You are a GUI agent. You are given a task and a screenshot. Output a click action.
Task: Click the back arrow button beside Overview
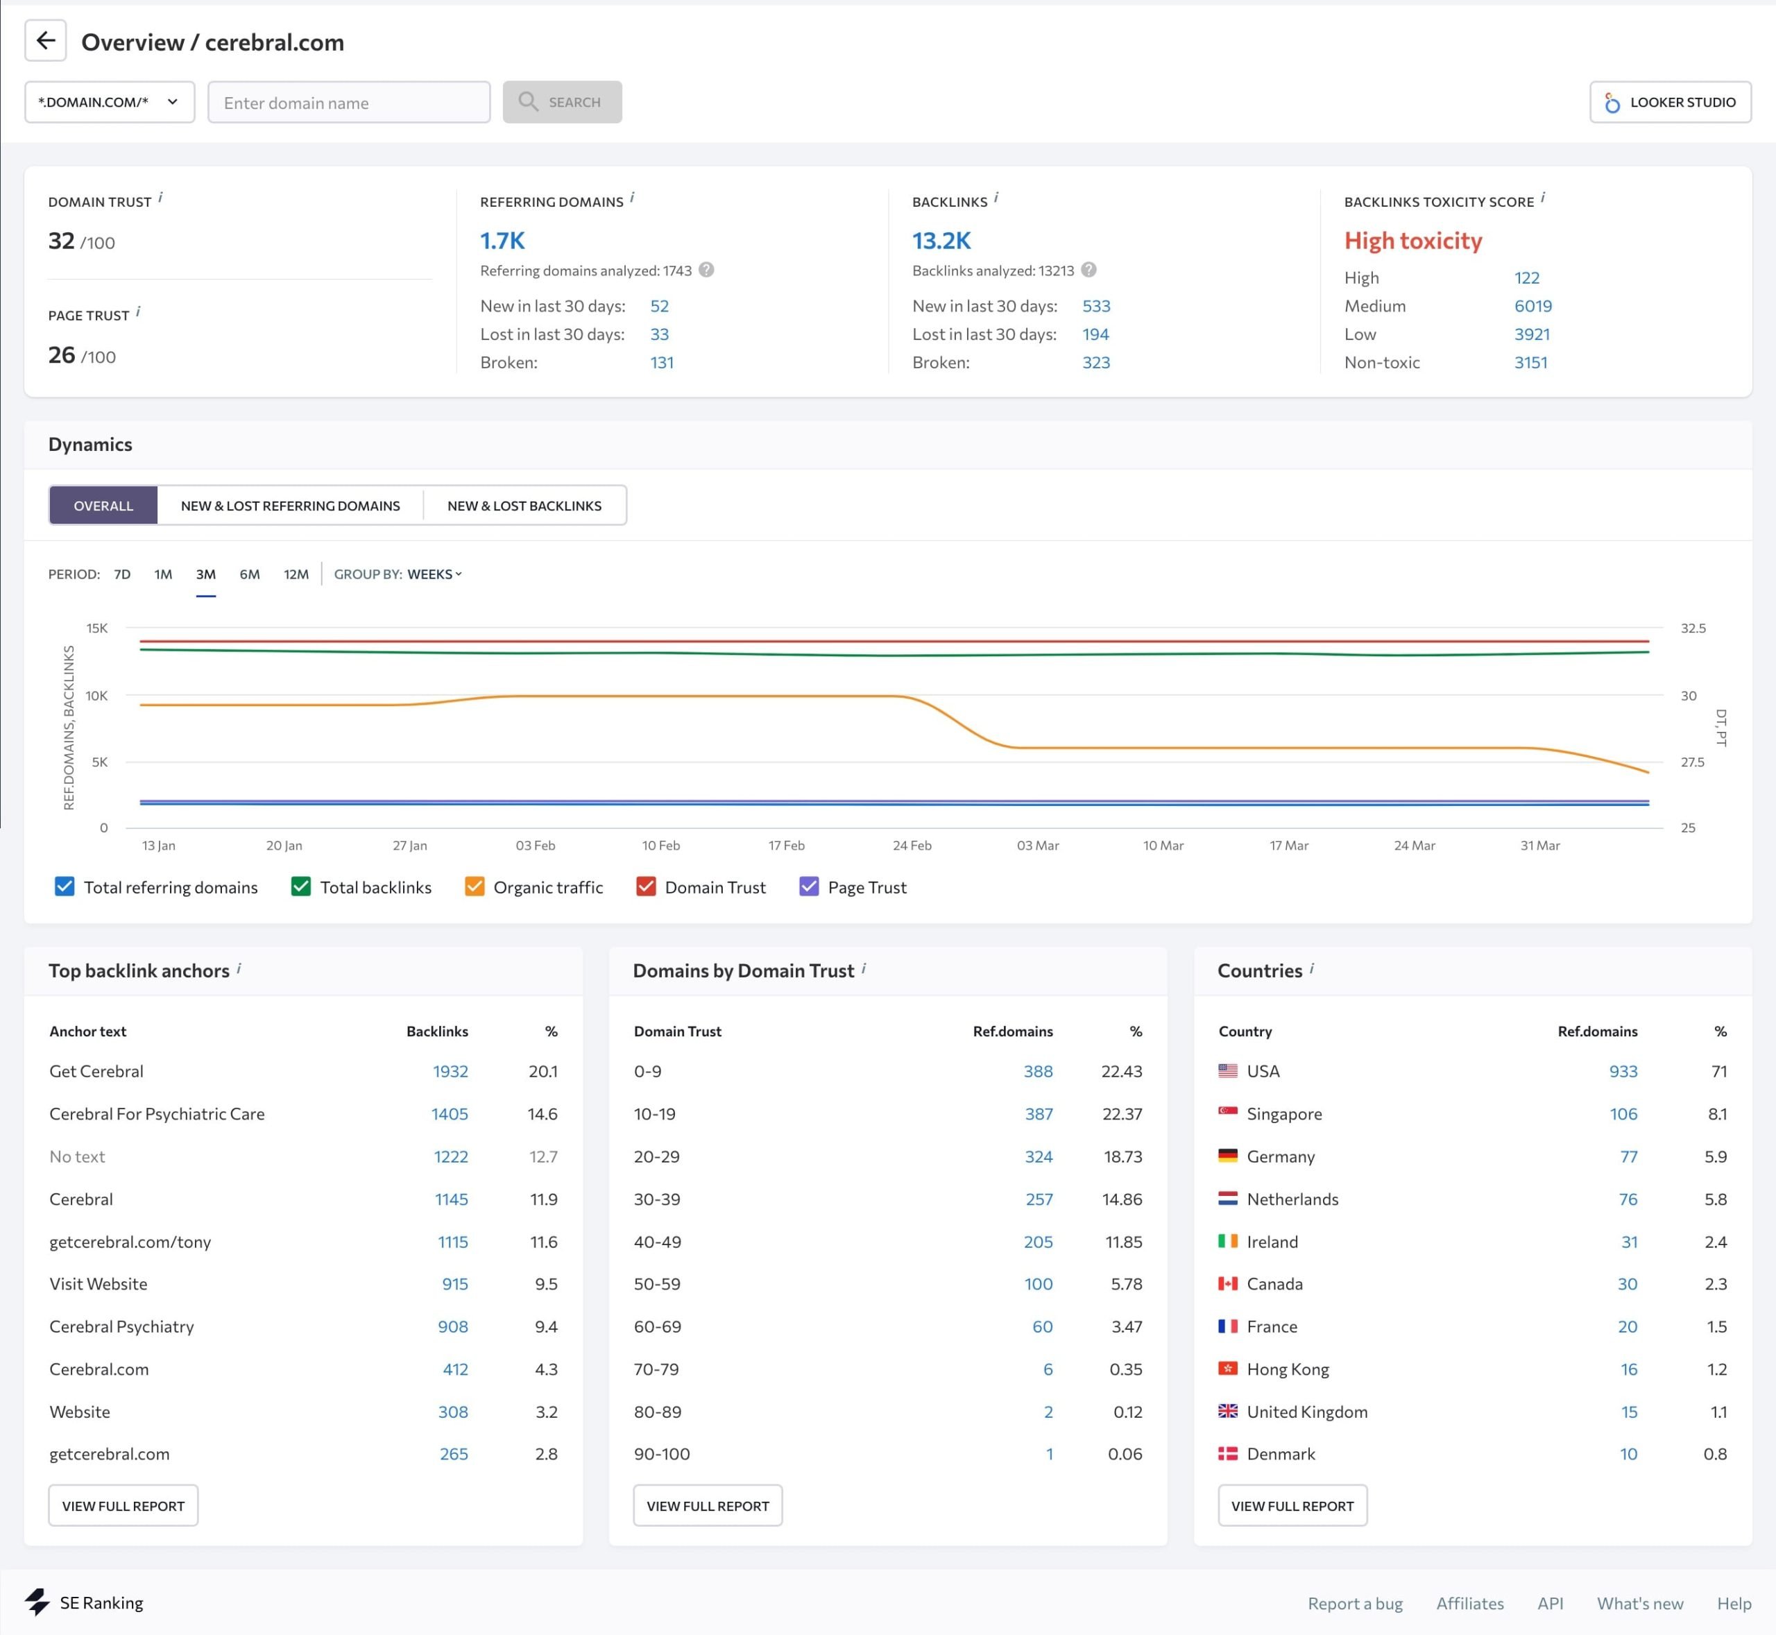coord(45,41)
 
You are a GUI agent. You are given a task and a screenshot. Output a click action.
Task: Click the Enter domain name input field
coord(349,103)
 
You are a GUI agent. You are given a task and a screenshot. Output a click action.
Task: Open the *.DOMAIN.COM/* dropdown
coord(109,103)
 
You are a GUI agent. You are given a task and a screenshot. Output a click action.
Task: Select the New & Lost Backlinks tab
coord(524,505)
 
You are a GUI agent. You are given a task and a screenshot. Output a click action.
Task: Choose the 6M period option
coord(250,574)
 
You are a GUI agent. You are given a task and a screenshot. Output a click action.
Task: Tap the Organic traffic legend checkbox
coord(475,887)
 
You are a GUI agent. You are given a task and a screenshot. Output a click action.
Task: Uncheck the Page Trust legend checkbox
coord(809,887)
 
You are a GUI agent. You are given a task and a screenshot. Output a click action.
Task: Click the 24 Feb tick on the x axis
coord(912,845)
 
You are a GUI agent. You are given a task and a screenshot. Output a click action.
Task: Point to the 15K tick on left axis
coord(96,628)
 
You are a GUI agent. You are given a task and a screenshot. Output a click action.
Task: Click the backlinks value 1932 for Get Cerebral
coord(450,1072)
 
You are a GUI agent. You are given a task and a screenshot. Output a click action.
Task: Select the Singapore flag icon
coord(1227,1113)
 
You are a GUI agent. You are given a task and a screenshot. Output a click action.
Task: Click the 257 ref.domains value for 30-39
coord(1038,1199)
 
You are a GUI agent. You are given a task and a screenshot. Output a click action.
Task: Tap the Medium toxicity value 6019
coord(1532,306)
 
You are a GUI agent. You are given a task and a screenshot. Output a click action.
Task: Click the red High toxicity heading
coord(1412,241)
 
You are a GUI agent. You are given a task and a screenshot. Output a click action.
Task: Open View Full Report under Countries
coord(1292,1506)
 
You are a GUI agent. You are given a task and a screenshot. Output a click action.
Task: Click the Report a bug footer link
coord(1355,1603)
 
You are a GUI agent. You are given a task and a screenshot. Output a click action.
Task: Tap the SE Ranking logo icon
coord(37,1602)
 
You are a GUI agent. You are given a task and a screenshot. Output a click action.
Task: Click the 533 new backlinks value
coord(1095,306)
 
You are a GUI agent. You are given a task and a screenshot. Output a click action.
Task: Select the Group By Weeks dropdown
coord(434,574)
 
